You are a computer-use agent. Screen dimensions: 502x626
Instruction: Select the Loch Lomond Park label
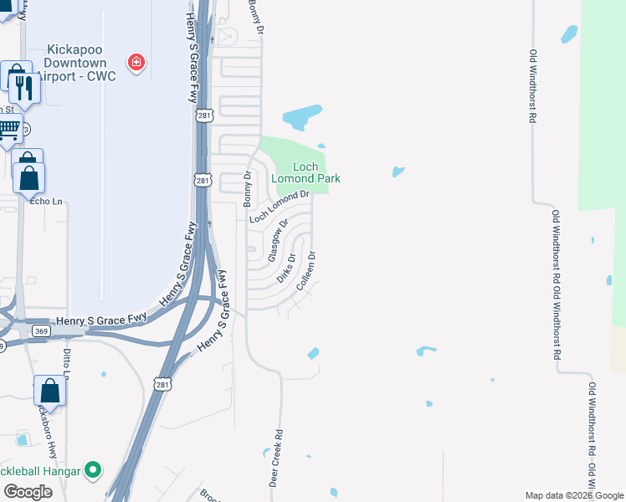305,172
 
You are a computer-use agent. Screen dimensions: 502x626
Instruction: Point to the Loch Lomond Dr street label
280,207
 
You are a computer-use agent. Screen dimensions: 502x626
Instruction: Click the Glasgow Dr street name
278,241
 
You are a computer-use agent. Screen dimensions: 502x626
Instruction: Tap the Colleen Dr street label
306,270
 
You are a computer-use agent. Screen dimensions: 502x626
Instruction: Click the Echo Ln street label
46,201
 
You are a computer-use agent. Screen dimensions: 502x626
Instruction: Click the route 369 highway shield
41,331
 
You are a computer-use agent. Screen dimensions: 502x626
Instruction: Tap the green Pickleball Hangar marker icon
94,472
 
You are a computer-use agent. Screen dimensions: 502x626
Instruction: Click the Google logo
28,492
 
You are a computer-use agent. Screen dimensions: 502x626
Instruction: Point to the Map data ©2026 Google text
573,495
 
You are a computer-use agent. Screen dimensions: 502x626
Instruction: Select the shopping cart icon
8,130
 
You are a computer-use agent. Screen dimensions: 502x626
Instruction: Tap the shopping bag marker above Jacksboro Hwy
49,391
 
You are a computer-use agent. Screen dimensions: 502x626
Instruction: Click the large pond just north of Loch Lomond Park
302,117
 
